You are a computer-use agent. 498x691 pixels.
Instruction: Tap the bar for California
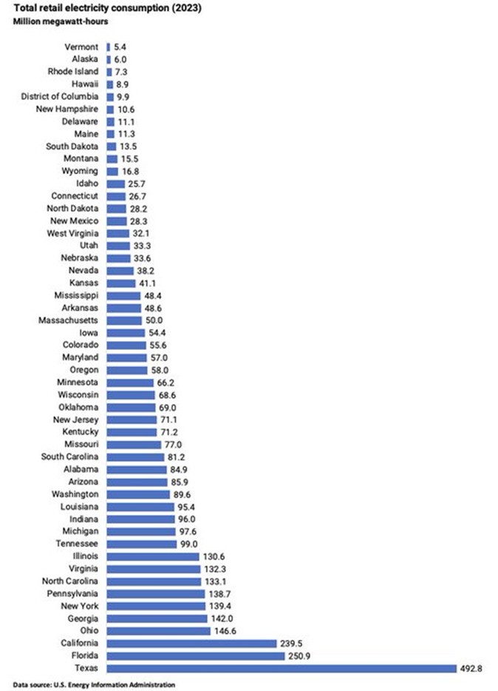click(191, 643)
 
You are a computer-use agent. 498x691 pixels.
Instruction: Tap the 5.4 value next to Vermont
click(120, 47)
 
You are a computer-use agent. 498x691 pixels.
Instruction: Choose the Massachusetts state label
click(71, 320)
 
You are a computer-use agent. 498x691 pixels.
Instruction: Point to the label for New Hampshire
click(69, 109)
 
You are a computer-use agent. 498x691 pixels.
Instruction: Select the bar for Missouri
click(134, 444)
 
